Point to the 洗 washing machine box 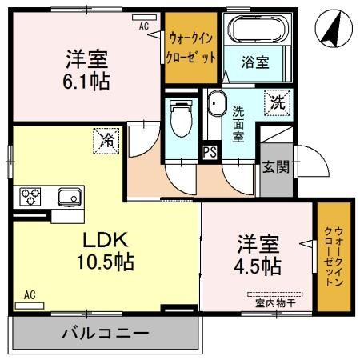click(276, 102)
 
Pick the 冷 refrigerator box click(106, 140)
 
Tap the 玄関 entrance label click(276, 167)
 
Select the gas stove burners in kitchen click(30, 194)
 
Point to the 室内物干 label click(274, 302)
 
